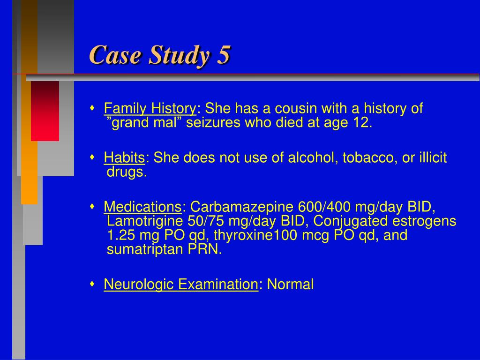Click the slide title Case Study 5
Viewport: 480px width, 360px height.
pos(160,55)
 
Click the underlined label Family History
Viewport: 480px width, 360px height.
pos(150,109)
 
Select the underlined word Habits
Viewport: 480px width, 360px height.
pos(125,158)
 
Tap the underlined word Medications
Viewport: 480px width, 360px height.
pos(142,207)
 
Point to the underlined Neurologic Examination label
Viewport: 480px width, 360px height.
pos(181,284)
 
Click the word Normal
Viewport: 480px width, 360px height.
pos(290,284)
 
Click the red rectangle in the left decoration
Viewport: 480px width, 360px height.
pos(45,111)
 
